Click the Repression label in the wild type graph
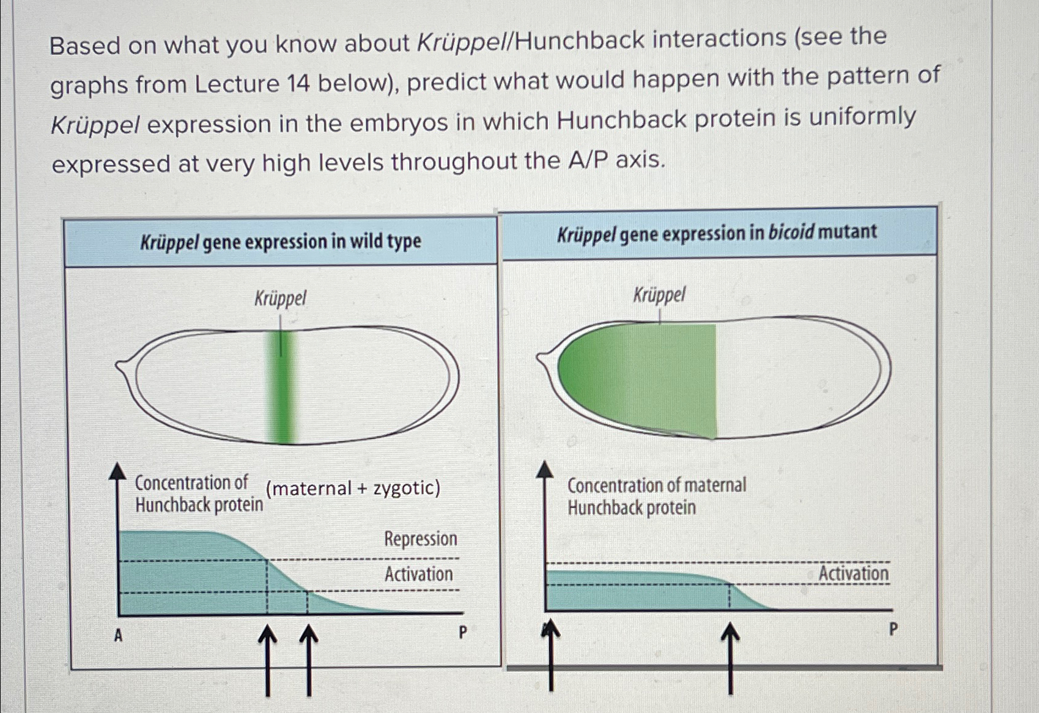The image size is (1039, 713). point(420,539)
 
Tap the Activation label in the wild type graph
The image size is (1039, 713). point(418,574)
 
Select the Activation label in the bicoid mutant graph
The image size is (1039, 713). point(852,574)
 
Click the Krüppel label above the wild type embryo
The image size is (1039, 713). point(279,299)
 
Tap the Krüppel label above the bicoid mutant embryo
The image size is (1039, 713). point(659,295)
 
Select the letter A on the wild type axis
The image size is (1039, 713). point(119,636)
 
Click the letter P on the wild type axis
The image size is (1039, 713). point(462,632)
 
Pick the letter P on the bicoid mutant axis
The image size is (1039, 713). point(893,629)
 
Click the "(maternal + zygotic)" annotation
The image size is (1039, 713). point(353,488)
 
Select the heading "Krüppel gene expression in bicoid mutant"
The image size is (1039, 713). point(716,233)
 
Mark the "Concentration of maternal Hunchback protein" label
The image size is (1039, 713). point(656,497)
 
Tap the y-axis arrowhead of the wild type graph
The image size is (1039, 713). point(117,471)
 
